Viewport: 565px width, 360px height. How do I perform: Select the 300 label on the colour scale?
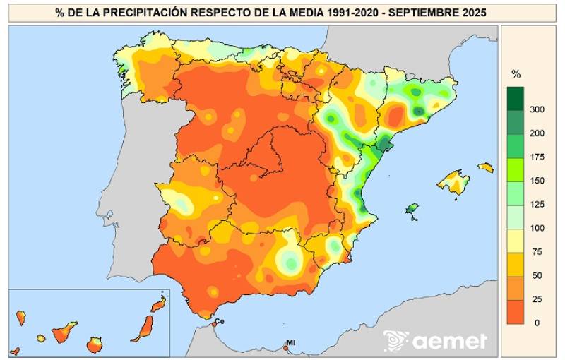[537, 109]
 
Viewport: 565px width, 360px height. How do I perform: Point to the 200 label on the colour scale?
[537, 133]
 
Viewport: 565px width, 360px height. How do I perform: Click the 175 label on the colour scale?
[537, 157]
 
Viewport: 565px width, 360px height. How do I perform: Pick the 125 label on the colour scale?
[537, 204]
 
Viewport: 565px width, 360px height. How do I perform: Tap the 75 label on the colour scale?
[537, 251]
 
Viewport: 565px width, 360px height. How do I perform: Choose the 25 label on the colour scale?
[537, 299]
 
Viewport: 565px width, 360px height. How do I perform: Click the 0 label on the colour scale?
[537, 323]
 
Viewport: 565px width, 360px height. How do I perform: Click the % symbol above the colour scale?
[516, 74]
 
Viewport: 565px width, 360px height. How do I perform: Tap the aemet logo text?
[449, 342]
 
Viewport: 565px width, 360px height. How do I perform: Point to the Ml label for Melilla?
[290, 343]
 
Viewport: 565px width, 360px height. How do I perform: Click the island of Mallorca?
[453, 182]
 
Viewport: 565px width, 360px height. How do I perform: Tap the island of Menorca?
[485, 167]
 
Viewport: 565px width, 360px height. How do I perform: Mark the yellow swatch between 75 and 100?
[516, 241]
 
